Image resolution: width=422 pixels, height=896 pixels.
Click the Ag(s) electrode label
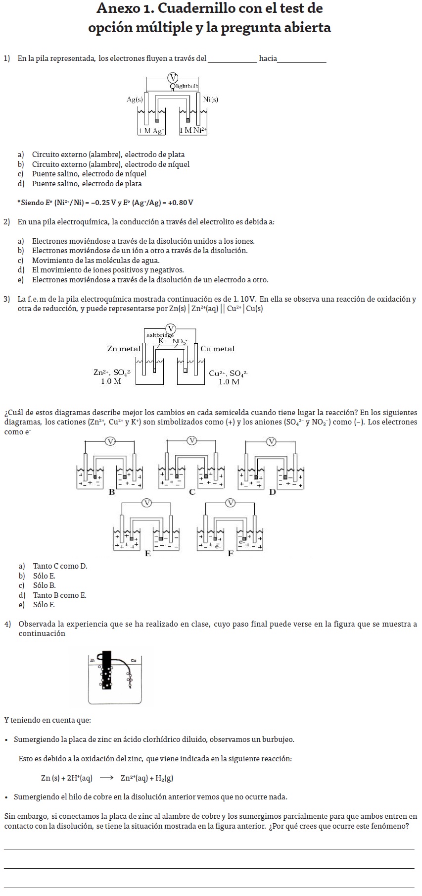(135, 100)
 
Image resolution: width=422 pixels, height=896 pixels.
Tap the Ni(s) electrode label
(210, 99)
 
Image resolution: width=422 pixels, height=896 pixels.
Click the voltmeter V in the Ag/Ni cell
(173, 77)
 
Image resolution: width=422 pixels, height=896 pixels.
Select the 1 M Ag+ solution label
(151, 131)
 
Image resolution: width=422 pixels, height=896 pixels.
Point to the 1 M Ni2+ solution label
(193, 131)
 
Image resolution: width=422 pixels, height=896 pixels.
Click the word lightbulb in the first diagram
(187, 86)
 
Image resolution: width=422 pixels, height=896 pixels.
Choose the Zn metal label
(123, 349)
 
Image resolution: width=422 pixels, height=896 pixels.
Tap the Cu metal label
(217, 349)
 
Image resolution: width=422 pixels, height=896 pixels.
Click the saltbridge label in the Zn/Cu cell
(160, 335)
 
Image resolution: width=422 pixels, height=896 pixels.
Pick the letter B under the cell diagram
(112, 492)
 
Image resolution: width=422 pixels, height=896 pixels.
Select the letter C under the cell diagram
(192, 492)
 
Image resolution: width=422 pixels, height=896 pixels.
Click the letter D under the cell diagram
(273, 492)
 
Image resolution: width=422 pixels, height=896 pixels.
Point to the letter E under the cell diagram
(147, 554)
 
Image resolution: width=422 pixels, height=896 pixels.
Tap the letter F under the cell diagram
(231, 554)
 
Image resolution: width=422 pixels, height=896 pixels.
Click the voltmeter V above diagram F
(230, 503)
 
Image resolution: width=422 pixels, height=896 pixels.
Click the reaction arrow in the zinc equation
(106, 778)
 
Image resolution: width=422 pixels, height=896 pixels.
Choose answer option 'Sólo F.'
(44, 605)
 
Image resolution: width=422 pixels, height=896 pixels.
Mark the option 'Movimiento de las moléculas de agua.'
(95, 261)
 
